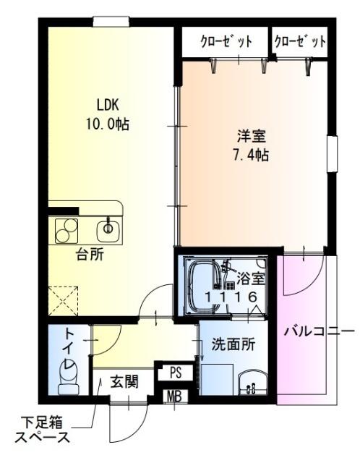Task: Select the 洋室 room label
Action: click(249, 135)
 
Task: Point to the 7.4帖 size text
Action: click(249, 156)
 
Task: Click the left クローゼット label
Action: click(226, 42)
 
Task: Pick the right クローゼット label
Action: click(300, 42)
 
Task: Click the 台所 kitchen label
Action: click(90, 254)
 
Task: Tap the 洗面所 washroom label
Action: click(232, 345)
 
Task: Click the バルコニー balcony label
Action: click(313, 331)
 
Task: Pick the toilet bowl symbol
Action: click(69, 377)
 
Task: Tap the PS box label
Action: click(175, 372)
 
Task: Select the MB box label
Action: click(174, 396)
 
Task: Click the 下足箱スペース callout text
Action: click(43, 428)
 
